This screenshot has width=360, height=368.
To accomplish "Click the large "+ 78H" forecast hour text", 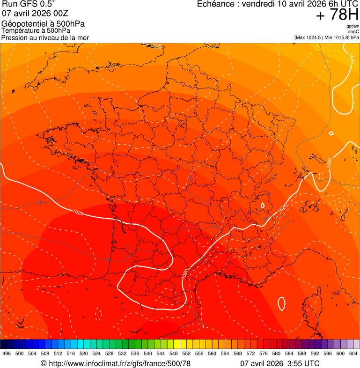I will point(337,15).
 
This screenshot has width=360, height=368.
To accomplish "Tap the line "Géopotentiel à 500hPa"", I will point(43,24).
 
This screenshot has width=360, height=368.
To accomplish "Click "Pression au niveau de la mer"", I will point(45,37).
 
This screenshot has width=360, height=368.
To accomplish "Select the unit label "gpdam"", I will point(353,26).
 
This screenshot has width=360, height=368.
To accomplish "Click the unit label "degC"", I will point(353,32).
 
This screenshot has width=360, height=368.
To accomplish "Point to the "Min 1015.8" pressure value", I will point(337,37).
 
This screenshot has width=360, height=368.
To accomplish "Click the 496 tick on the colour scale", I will point(7,353).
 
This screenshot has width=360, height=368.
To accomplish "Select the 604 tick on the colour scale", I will point(353,353).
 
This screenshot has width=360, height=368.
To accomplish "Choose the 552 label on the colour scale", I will point(186,353).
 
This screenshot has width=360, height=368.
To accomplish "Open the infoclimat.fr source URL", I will point(119,363).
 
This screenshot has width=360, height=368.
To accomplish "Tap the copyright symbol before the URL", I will point(44,363).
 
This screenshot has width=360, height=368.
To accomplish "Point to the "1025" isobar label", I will point(155,46).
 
